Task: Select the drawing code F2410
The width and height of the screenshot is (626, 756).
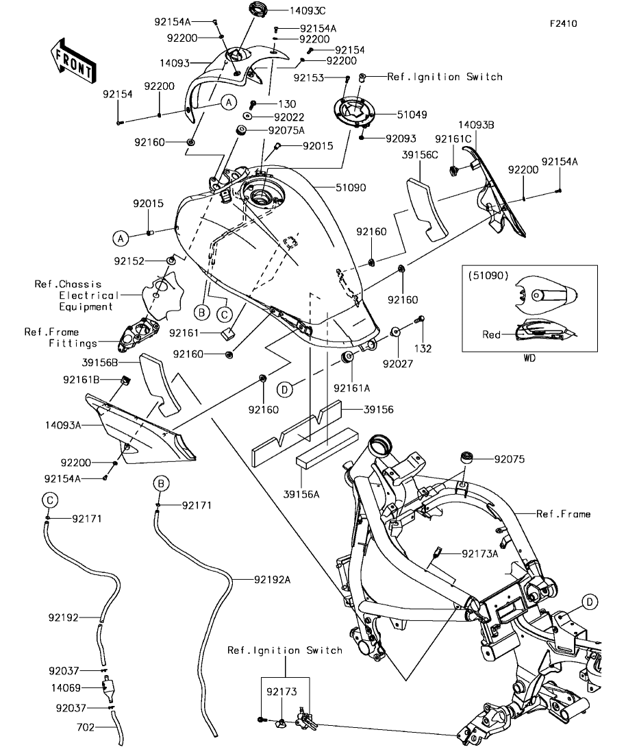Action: [564, 23]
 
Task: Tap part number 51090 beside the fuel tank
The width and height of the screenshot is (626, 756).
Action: [351, 188]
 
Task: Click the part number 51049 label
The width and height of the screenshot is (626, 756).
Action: [412, 114]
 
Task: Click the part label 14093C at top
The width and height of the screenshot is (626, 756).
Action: [308, 10]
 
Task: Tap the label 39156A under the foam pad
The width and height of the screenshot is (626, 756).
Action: [301, 494]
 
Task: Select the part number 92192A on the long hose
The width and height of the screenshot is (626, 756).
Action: [273, 580]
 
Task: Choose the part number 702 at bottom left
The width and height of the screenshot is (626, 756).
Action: [86, 727]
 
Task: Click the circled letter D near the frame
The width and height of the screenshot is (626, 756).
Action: [590, 602]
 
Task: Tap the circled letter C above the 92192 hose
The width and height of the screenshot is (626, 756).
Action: [50, 500]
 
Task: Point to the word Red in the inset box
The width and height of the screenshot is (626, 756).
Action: [491, 334]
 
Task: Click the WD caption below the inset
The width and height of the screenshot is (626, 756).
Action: [529, 358]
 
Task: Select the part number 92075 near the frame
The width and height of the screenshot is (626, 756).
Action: [510, 459]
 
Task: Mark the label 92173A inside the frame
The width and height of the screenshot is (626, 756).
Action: [480, 554]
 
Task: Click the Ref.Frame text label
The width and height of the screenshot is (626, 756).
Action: [564, 514]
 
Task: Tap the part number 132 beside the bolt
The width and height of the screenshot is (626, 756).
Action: [423, 349]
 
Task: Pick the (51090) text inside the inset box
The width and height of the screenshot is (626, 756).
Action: [488, 276]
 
